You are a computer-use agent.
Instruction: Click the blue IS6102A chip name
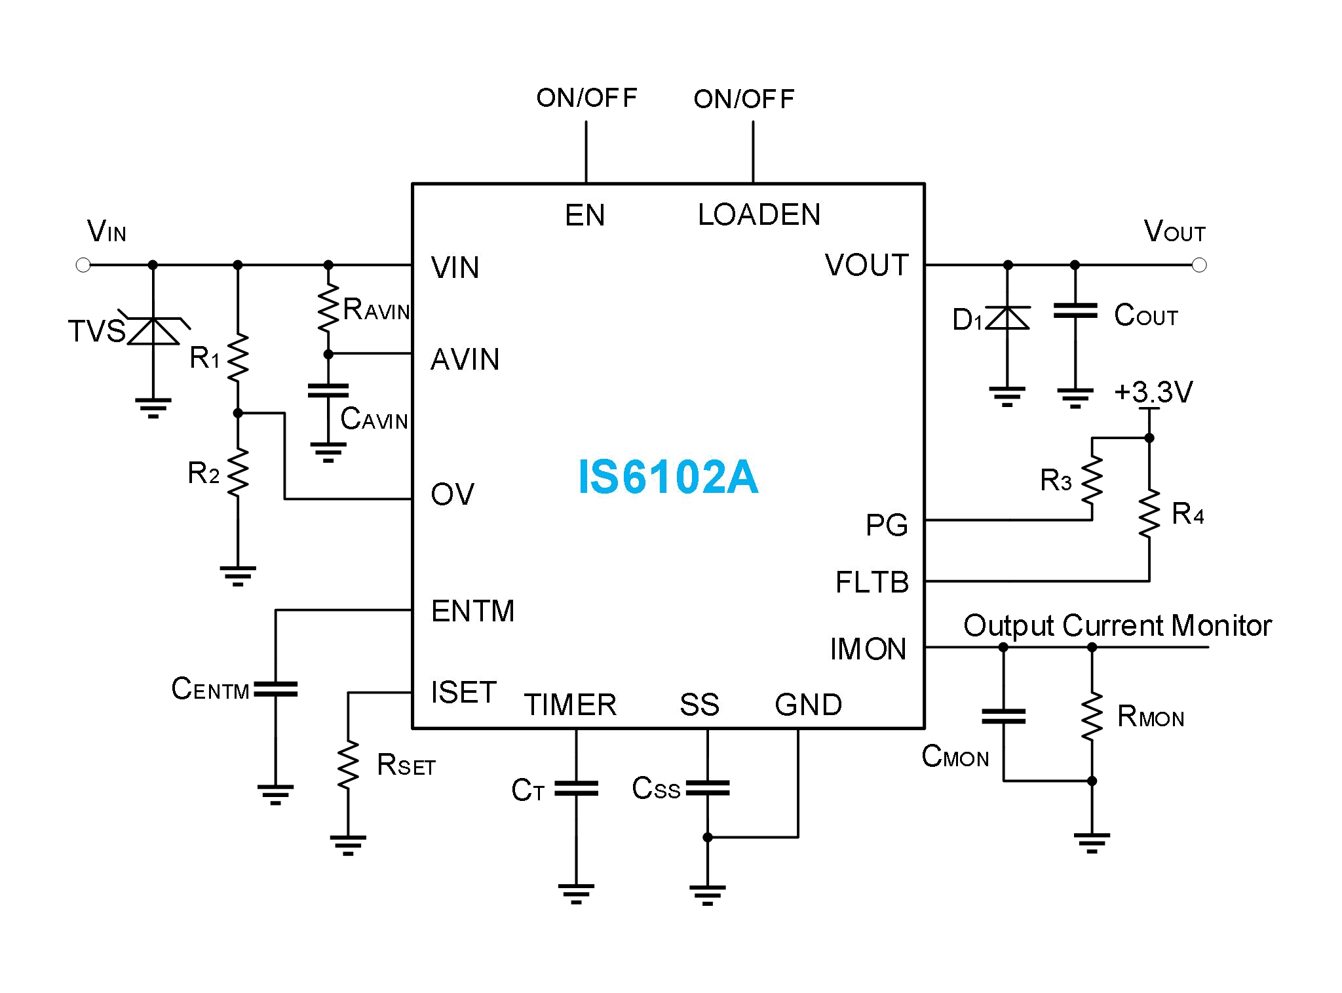(668, 477)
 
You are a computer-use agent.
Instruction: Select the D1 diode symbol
(1008, 318)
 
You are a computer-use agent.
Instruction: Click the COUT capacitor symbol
(1075, 311)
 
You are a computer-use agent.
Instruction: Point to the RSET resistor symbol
(348, 764)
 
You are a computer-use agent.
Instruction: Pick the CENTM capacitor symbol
(276, 689)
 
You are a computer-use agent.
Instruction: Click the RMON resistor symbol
(1092, 717)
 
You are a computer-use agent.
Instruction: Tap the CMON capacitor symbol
(1003, 716)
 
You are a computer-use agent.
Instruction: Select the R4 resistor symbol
(1149, 513)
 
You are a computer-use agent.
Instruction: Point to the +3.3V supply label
(1153, 393)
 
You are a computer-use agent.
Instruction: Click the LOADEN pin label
(759, 215)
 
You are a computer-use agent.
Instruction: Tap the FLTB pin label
(872, 582)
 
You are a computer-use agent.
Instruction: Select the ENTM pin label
(472, 611)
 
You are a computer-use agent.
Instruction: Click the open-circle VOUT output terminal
(1199, 265)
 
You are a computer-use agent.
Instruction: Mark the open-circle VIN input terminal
(83, 265)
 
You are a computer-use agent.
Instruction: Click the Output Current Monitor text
(1117, 625)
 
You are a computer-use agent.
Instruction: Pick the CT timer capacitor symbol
(576, 788)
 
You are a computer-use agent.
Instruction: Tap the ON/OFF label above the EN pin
(586, 98)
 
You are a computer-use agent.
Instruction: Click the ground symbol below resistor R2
(238, 575)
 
